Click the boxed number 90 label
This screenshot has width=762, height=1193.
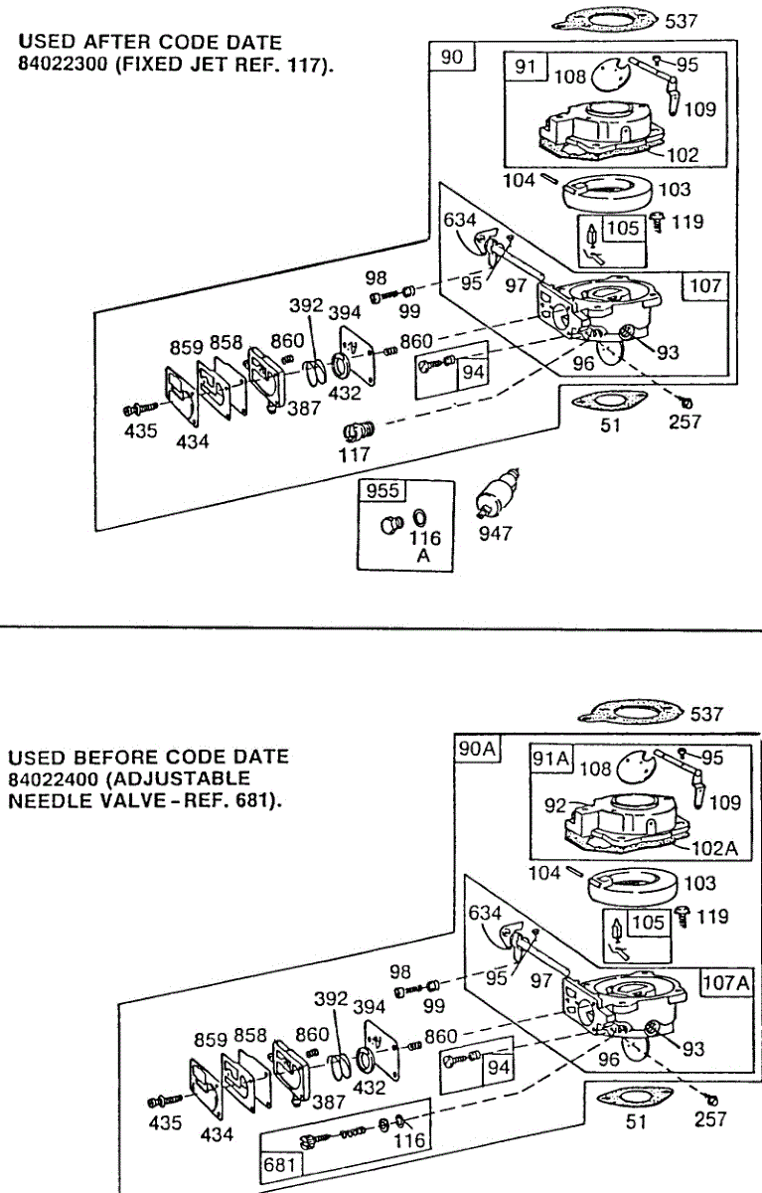point(452,57)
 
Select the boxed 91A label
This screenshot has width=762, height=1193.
point(550,758)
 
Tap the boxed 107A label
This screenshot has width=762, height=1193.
point(726,982)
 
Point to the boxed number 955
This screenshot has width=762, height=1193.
point(382,490)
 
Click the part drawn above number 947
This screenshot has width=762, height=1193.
point(497,494)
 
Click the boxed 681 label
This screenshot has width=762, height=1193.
point(279,1165)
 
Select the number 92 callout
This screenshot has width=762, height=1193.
point(555,806)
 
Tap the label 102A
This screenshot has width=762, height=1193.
point(714,848)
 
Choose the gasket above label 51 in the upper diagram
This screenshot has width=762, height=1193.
point(609,401)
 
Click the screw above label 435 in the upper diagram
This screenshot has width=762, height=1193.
point(140,409)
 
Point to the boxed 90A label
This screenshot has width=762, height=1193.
point(477,749)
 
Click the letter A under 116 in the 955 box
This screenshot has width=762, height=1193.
point(423,556)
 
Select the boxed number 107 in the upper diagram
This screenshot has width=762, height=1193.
point(705,285)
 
